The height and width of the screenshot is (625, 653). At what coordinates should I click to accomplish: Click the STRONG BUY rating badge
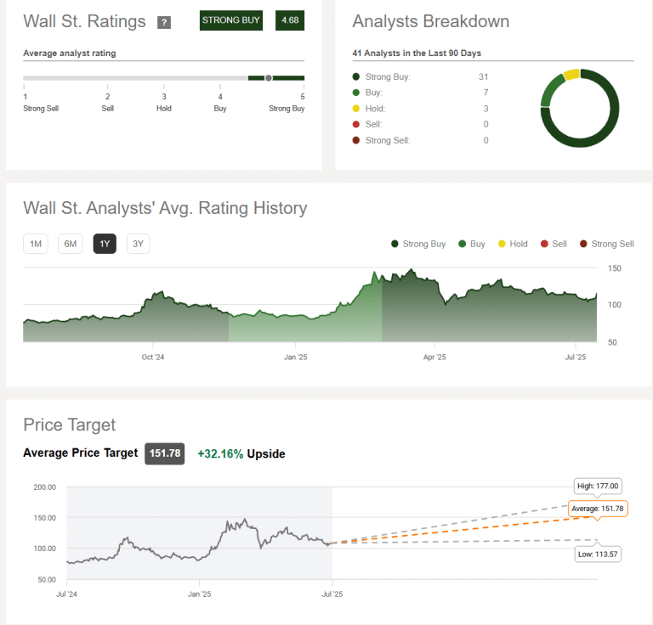(231, 20)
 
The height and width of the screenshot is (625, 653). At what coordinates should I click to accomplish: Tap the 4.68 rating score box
(290, 20)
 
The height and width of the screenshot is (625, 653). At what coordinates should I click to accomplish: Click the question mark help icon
(165, 22)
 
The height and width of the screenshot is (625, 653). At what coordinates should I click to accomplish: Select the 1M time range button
(36, 244)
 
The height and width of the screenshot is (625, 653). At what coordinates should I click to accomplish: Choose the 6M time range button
(71, 244)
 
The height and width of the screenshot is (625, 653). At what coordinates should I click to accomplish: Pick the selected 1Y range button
(105, 244)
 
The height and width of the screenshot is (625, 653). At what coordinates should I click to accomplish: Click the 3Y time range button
(139, 244)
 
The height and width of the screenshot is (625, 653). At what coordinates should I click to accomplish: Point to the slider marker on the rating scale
(269, 78)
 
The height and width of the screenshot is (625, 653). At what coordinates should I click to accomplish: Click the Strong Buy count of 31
(483, 76)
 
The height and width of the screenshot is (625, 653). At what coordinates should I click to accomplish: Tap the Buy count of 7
(485, 92)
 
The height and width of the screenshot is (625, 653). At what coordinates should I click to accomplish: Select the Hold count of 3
(485, 108)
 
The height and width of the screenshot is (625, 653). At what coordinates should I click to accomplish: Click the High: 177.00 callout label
(598, 486)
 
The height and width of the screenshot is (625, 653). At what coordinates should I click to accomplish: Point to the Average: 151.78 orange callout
(598, 509)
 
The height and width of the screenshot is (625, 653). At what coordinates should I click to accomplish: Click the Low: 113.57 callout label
(598, 554)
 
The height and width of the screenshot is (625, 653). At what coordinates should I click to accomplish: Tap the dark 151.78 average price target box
(164, 453)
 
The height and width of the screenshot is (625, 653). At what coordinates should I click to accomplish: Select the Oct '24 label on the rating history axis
(152, 357)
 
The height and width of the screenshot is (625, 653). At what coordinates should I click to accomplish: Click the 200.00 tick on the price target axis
(44, 487)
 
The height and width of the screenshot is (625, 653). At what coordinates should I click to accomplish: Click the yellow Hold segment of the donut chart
(571, 75)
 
